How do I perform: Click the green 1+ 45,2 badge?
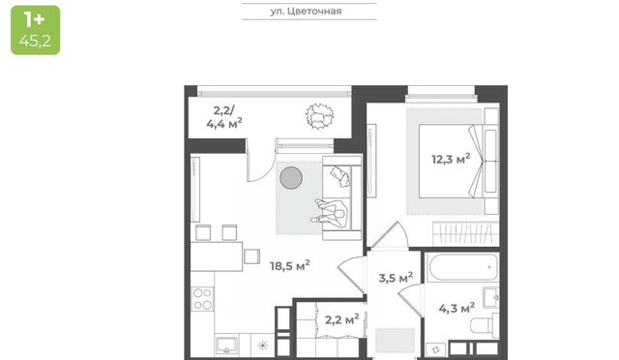[x=36, y=30]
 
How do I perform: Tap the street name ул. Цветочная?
[x=306, y=11]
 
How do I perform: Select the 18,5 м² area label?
[x=290, y=265]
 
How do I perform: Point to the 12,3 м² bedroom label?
[x=451, y=159]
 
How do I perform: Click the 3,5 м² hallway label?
[x=396, y=278]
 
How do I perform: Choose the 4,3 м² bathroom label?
[x=457, y=308]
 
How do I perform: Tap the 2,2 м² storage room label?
[x=341, y=319]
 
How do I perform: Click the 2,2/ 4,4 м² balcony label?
[x=223, y=117]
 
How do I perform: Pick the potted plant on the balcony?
[x=319, y=116]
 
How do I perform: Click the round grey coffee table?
[x=291, y=177]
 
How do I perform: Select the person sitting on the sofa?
[x=330, y=214]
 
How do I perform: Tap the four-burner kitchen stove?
[x=202, y=299]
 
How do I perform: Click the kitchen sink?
[x=226, y=345]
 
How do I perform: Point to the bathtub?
[x=462, y=267]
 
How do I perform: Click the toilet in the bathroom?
[x=485, y=325]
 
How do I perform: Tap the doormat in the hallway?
[x=395, y=341]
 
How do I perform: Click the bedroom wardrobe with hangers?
[x=466, y=233]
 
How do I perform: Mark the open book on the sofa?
[x=340, y=176]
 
